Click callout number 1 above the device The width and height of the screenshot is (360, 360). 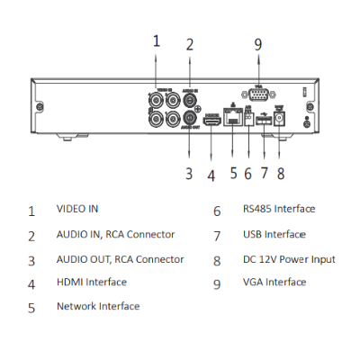pyautogui.click(x=156, y=40)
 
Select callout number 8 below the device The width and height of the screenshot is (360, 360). pyautogui.click(x=281, y=174)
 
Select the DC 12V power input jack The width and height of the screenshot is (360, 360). pyautogui.click(x=280, y=117)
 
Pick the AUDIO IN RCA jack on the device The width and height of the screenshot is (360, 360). pyautogui.click(x=190, y=100)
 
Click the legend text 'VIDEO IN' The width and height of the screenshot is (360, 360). pyautogui.click(x=77, y=209)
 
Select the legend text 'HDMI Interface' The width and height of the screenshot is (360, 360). pyautogui.click(x=91, y=282)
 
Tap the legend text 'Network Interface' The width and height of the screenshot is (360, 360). pyautogui.click(x=97, y=306)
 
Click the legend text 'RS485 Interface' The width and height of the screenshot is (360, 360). pyautogui.click(x=279, y=209)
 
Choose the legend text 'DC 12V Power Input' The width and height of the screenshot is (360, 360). pyautogui.click(x=288, y=259)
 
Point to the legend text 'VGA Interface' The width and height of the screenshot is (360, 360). pyautogui.click(x=274, y=282)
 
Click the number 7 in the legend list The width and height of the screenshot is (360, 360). pyautogui.click(x=217, y=236)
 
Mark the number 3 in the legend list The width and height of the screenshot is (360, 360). pyautogui.click(x=31, y=261)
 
